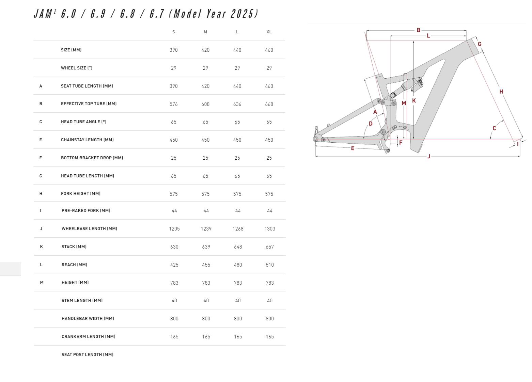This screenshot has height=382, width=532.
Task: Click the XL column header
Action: (269, 32)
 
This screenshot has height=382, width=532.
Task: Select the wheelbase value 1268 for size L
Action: (238, 229)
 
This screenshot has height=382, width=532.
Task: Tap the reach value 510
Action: (270, 265)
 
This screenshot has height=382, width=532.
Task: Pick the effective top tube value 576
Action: (174, 104)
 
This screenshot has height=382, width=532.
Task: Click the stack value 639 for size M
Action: (206, 247)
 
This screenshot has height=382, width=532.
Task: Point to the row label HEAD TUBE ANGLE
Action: (83, 122)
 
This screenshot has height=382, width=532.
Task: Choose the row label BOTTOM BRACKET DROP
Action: (92, 158)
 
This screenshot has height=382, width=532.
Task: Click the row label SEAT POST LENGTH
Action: (88, 355)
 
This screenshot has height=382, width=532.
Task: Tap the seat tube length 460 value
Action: (269, 86)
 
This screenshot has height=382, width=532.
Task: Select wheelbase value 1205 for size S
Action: (174, 229)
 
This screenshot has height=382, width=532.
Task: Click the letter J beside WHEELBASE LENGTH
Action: (41, 229)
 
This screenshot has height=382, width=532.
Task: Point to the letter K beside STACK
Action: (42, 247)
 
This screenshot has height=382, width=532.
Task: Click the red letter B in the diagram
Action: (419, 30)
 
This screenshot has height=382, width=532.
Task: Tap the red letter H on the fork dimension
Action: (501, 92)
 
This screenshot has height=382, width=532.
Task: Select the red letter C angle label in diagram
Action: (494, 128)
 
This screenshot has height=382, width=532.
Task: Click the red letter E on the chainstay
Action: (353, 148)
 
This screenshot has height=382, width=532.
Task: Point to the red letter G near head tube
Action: (480, 44)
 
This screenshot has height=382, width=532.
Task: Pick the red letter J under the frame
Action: (429, 156)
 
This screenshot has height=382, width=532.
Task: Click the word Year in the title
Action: (216, 14)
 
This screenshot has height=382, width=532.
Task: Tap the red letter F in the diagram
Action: (401, 143)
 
